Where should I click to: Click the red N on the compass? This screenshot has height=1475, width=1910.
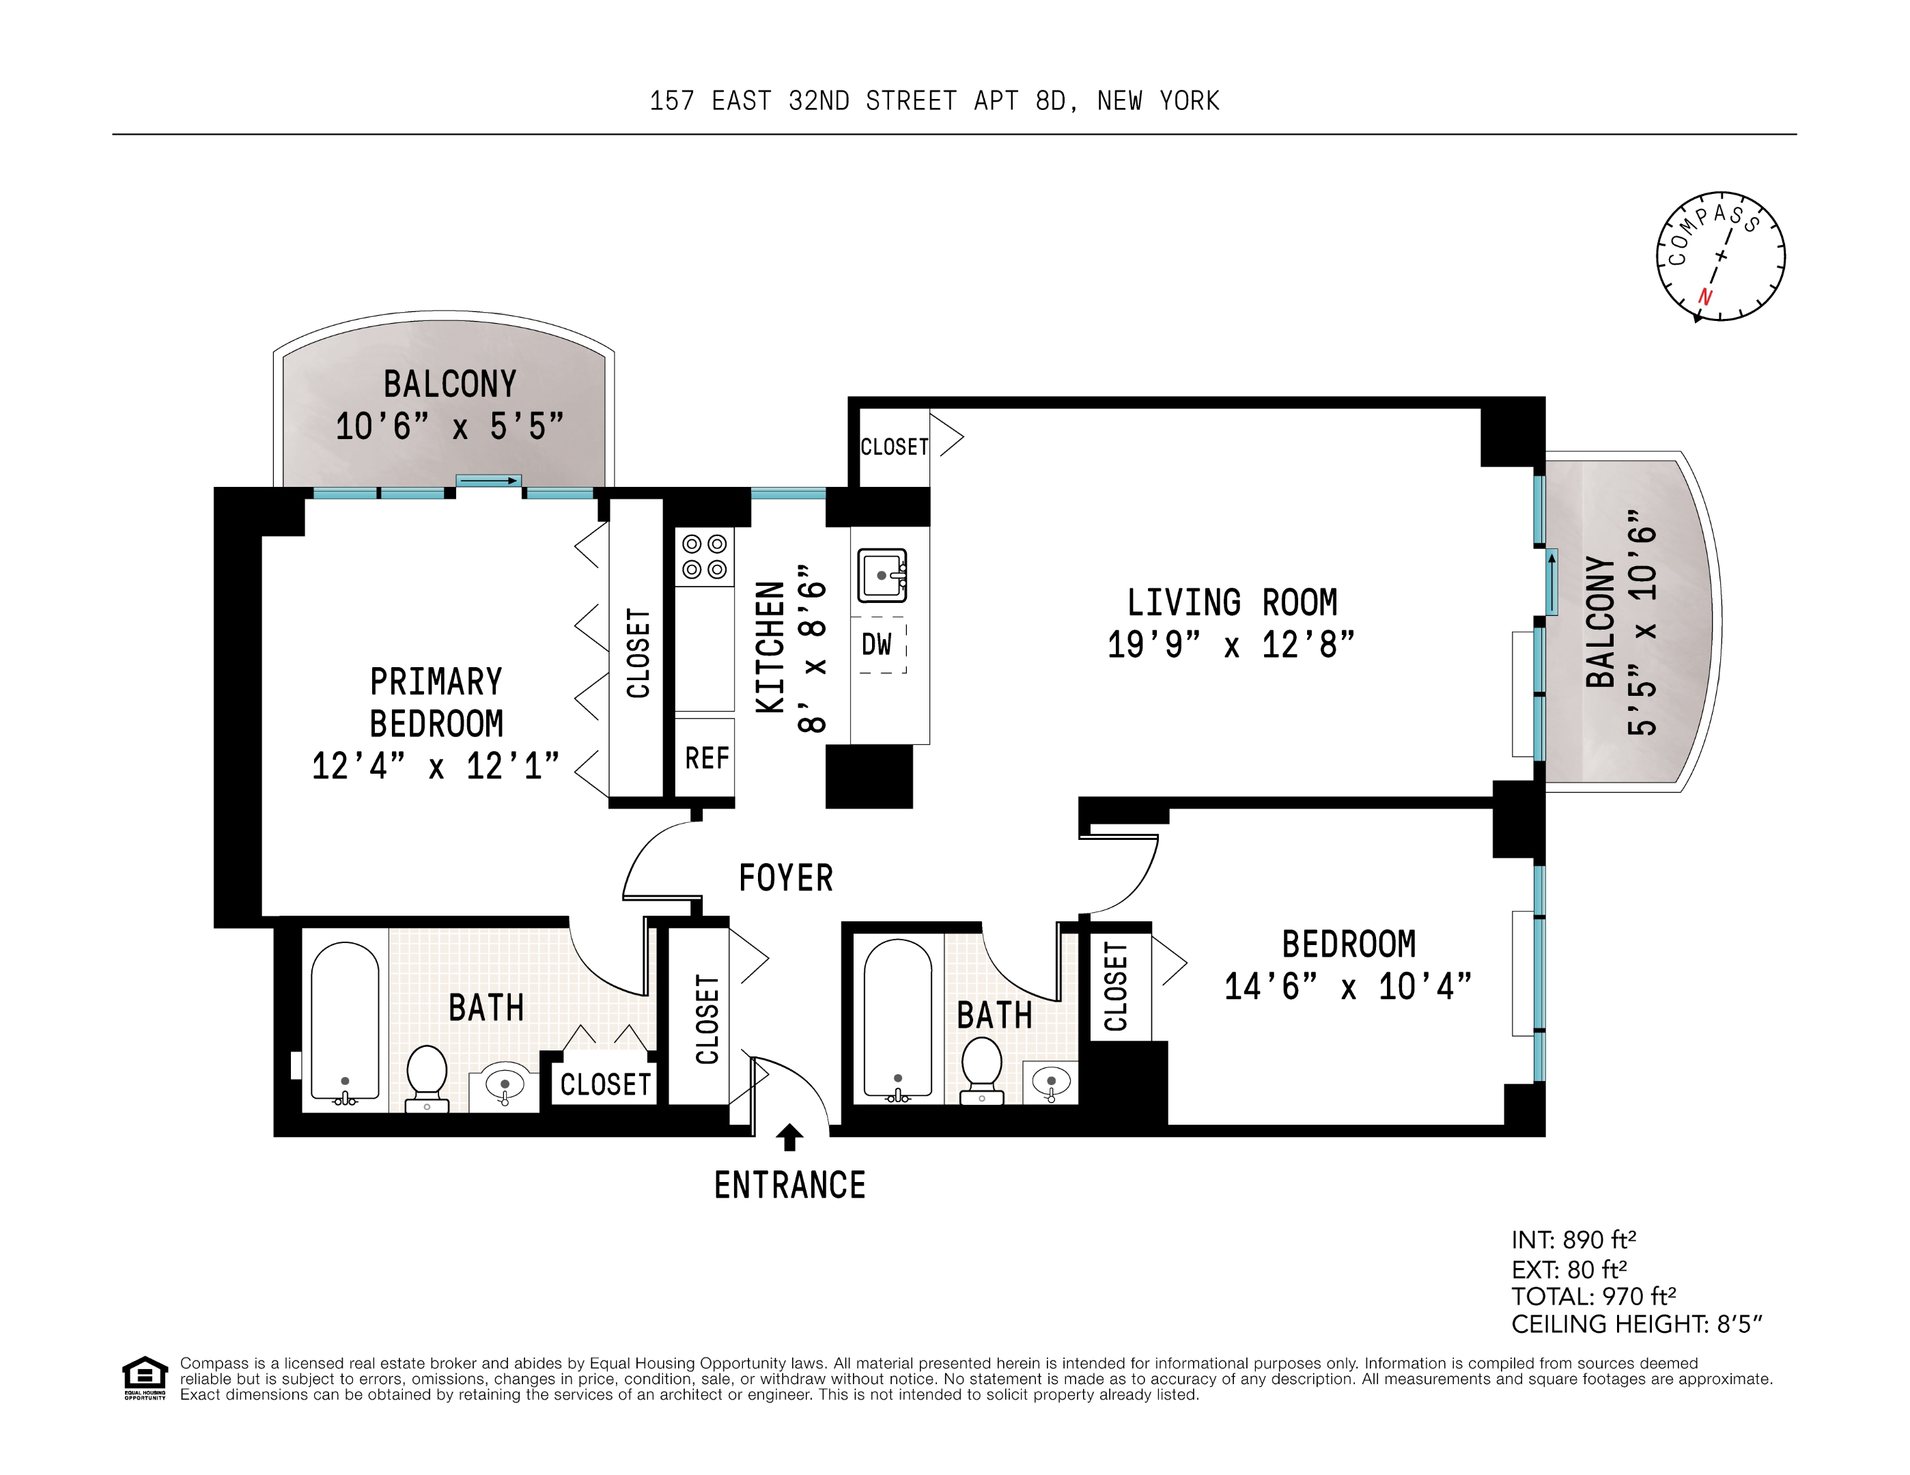(1704, 297)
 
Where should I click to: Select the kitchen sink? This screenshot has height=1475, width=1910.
(882, 574)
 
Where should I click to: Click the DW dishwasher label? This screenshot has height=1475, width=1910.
(876, 645)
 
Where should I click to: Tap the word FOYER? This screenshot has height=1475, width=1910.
(785, 878)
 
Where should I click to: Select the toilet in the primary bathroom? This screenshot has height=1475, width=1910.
(427, 1077)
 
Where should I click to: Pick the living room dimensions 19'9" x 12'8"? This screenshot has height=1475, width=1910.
(1231, 645)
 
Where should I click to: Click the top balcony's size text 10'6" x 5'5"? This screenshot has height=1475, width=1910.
(449, 427)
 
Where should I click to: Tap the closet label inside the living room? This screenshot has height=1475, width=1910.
(894, 447)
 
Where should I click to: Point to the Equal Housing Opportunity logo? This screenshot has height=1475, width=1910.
(144, 1377)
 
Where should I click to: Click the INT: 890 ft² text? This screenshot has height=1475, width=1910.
(1573, 1240)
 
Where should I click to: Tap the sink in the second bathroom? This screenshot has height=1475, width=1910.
(1050, 1082)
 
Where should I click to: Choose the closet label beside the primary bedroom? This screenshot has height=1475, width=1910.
(638, 653)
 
